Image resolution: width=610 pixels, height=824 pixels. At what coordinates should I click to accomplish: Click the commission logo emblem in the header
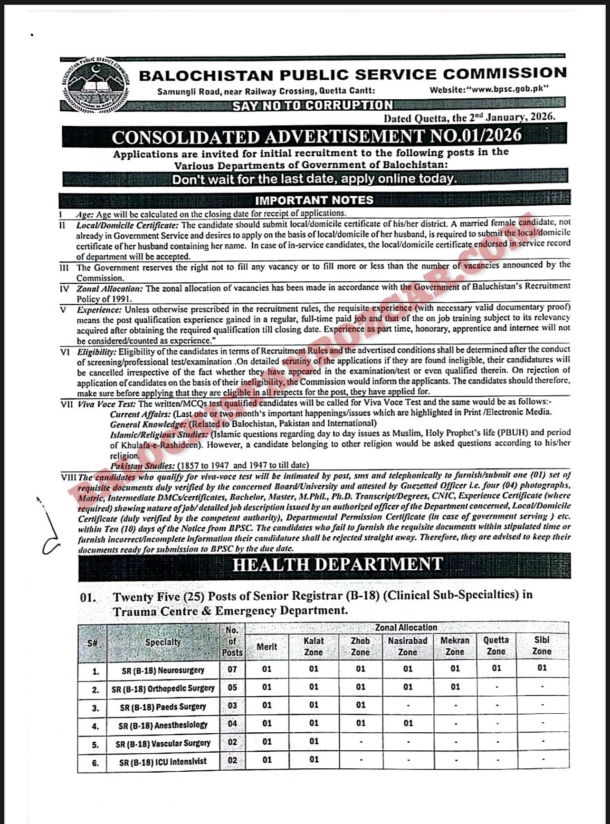[95, 84]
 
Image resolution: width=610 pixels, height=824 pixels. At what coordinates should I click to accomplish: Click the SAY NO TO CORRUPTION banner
[313, 105]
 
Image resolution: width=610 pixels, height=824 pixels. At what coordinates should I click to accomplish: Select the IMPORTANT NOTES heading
[314, 200]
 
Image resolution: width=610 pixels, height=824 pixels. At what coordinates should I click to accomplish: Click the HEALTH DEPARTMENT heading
[337, 565]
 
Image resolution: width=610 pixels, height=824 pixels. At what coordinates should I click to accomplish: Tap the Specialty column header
[163, 642]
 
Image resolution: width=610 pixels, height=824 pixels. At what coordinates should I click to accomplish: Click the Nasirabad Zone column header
[408, 646]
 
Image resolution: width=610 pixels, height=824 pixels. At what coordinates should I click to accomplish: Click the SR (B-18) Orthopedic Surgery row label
[163, 688]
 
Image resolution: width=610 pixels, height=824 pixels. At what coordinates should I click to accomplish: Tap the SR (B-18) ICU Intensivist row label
[163, 761]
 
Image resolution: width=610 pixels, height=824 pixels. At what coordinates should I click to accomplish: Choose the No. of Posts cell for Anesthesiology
[232, 724]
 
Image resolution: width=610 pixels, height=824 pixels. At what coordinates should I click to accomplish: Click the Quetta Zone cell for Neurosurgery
[496, 669]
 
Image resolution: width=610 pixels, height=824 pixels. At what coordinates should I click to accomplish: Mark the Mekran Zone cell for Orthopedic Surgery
[455, 687]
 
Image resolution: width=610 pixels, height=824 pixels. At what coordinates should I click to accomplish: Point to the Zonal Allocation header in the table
[406, 627]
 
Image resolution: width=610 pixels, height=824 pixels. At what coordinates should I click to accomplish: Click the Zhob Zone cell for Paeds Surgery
[361, 705]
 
